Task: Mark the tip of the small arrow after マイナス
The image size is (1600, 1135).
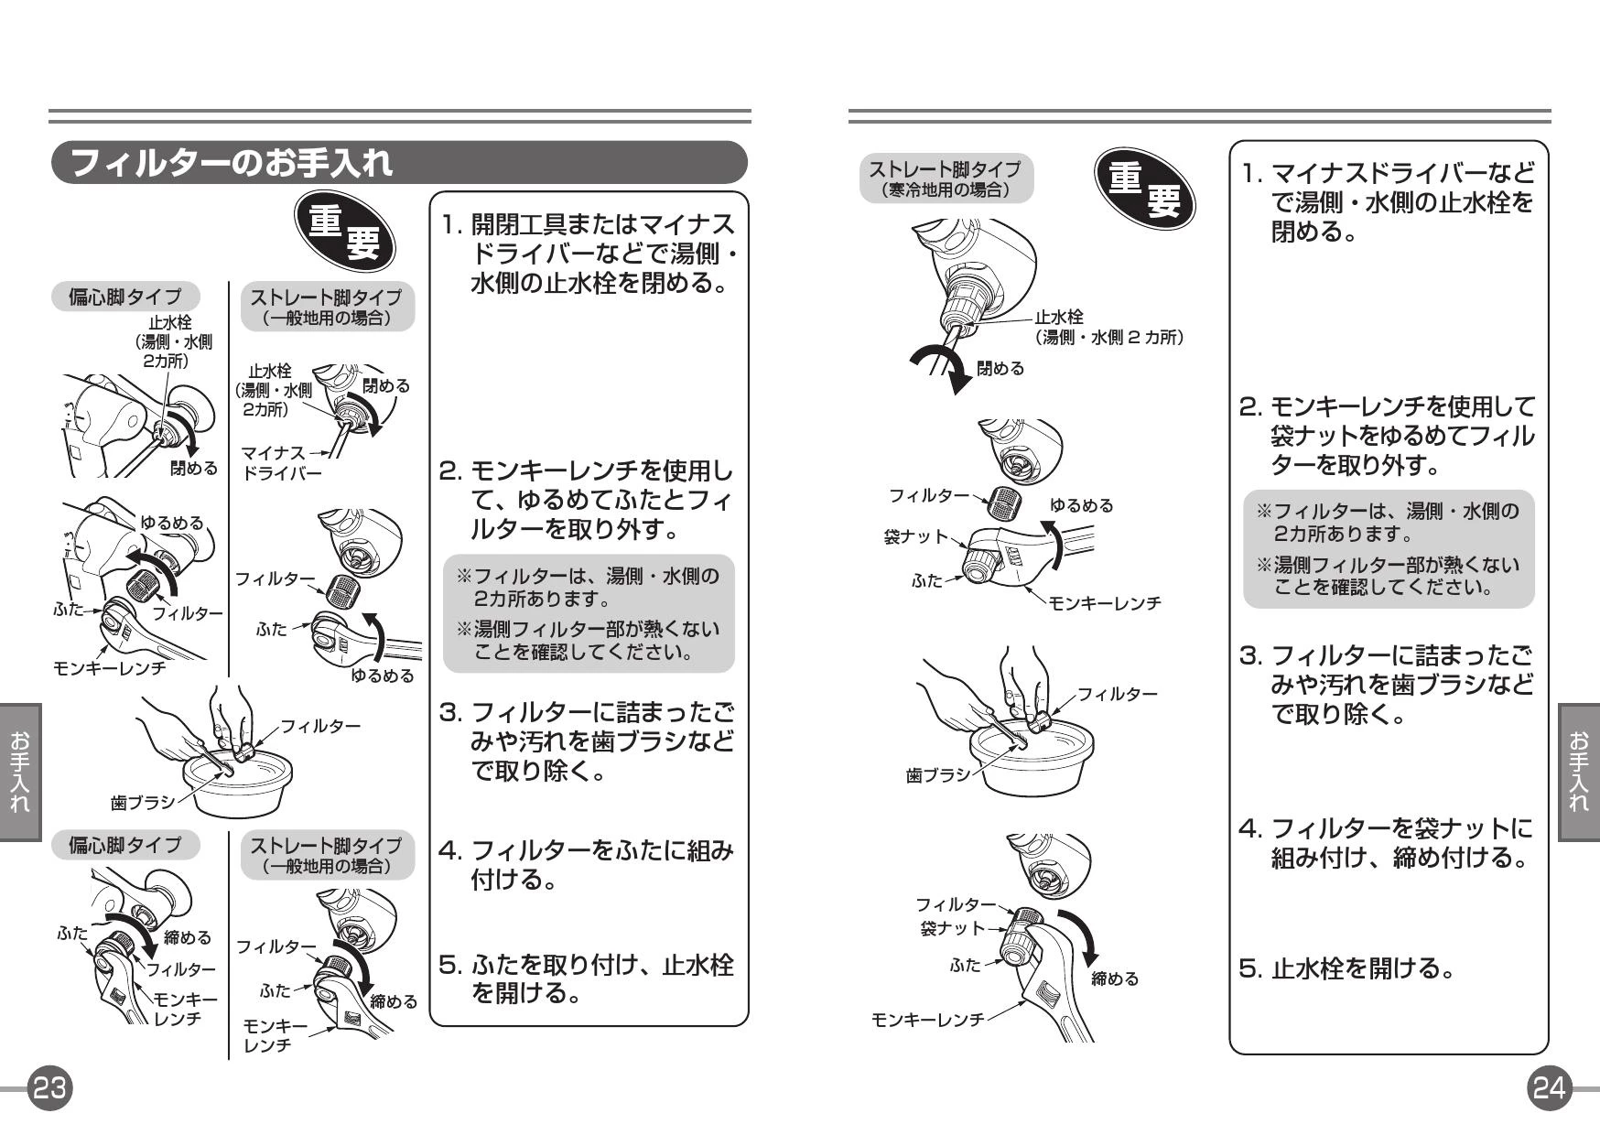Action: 329,452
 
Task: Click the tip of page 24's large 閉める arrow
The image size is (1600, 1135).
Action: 957,395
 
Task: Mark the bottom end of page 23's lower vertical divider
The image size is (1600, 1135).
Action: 229,1059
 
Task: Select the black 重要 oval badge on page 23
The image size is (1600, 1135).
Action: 345,231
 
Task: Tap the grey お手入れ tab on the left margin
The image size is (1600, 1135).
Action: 20,772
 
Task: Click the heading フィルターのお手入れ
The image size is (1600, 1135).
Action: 231,163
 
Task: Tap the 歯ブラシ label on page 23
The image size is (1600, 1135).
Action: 142,803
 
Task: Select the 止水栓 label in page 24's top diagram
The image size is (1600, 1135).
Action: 1059,317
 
